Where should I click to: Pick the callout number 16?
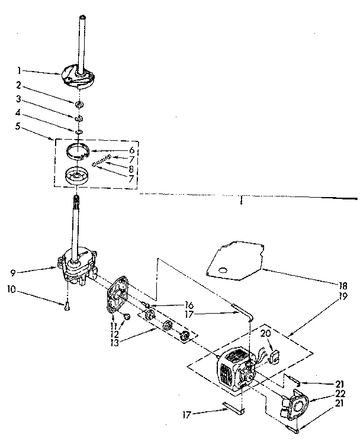pos(189,305)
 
